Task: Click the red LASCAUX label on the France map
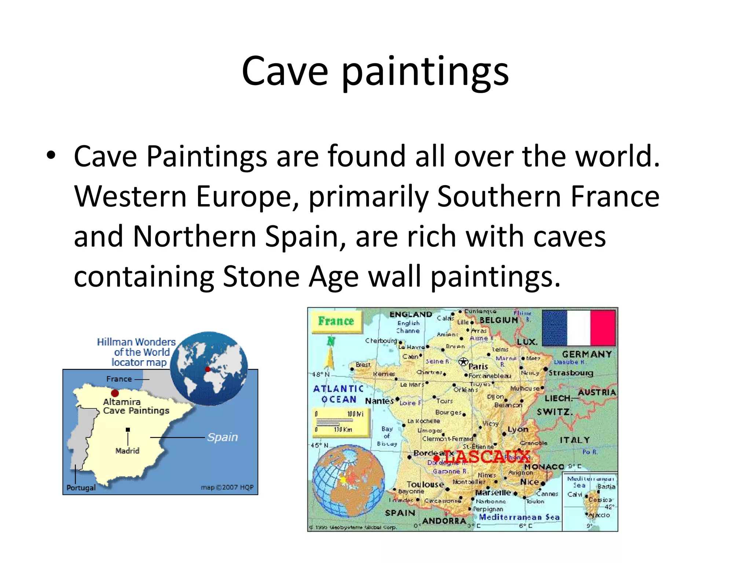click(487, 457)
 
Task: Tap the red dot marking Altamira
click(115, 393)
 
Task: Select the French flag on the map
click(579, 328)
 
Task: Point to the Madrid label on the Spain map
click(127, 451)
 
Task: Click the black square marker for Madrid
click(128, 430)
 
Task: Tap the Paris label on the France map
click(478, 367)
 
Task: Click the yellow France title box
click(336, 321)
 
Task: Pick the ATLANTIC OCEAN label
click(338, 394)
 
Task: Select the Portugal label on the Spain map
click(81, 488)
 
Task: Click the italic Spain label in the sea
click(222, 437)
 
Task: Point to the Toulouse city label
click(425, 484)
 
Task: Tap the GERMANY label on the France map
click(587, 354)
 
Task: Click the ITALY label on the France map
click(575, 440)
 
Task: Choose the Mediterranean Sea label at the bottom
click(519, 517)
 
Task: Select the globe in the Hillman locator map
click(209, 368)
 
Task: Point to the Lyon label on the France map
click(518, 429)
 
